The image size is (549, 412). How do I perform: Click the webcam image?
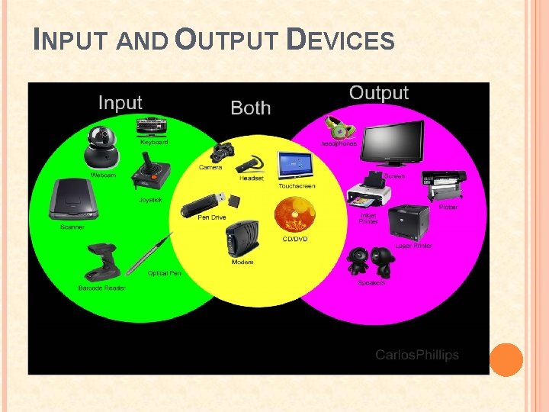pos(101,147)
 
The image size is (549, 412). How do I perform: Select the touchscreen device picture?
pos(296,166)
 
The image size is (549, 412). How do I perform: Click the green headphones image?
pos(338,127)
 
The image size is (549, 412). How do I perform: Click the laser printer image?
pos(409,223)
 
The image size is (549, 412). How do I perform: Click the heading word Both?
pos(250,108)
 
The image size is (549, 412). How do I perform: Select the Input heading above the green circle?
pos(120,103)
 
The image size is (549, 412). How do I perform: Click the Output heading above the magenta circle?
pos(378,93)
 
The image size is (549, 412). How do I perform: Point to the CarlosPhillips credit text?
pos(417,355)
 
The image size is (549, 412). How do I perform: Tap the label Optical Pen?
pos(164,273)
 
